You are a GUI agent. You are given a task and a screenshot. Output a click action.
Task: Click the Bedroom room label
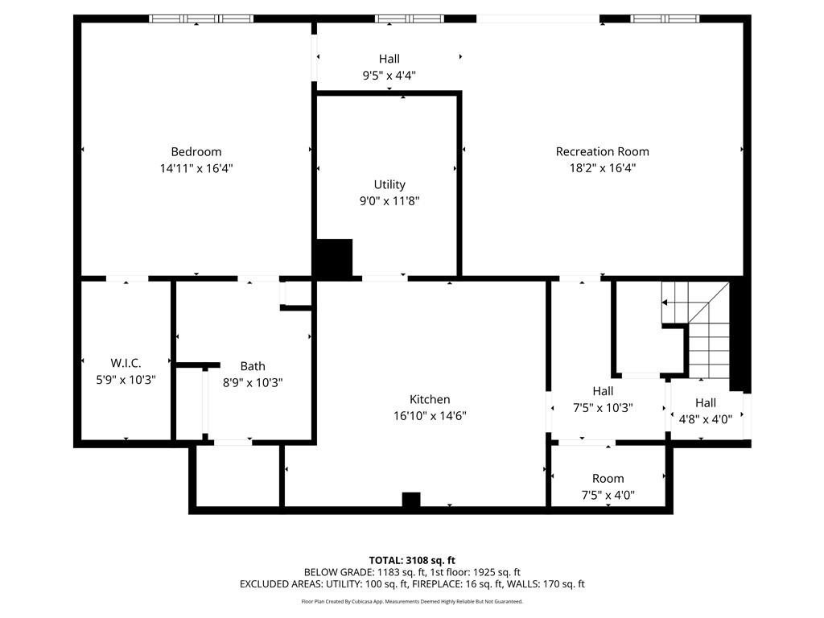coord(196,151)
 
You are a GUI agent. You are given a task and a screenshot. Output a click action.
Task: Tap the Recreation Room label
coord(602,151)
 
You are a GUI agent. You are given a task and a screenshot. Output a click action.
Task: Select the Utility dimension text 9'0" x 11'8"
coord(389,201)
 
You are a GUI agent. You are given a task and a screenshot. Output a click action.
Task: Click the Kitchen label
coord(430,399)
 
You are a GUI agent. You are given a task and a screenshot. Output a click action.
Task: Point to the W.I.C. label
coord(126,363)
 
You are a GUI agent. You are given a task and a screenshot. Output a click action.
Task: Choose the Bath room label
coord(252,366)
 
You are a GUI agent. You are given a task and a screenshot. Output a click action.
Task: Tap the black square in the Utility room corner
coord(334,258)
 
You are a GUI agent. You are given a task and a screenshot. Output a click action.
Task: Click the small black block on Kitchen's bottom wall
coord(411,500)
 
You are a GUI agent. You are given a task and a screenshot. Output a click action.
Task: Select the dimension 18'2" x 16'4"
coord(602,168)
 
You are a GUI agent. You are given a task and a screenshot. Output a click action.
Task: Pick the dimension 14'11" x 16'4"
coord(196,168)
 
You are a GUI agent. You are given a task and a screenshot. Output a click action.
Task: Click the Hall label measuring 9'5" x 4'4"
coord(389,59)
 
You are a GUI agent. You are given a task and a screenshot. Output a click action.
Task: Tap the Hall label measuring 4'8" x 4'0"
coord(706,402)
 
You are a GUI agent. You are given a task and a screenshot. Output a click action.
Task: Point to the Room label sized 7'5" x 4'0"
coord(608,478)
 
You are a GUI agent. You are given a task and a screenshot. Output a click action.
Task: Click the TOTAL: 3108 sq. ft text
coord(412,560)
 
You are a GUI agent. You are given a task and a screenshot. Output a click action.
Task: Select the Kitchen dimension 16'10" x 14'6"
coord(430,416)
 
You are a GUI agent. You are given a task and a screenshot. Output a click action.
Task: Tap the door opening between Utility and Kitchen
coord(384,278)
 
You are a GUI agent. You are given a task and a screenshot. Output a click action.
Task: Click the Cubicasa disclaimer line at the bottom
coord(412,601)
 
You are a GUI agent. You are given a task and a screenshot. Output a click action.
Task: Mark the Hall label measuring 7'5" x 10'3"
coord(603,391)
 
